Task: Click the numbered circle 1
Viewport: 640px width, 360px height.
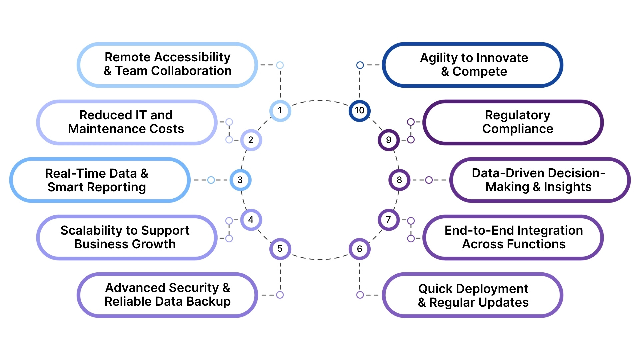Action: [x=280, y=111]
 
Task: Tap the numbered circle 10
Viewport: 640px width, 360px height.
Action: [x=359, y=111]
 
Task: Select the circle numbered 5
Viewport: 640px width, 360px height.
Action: [x=280, y=249]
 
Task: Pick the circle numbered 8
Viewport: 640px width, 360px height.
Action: [x=399, y=180]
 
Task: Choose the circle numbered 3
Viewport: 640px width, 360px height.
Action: [x=240, y=180]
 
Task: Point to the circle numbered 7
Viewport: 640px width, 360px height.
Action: [x=388, y=220]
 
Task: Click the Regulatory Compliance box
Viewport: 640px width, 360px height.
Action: [x=513, y=122]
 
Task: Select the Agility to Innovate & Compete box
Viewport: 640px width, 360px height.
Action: [x=473, y=65]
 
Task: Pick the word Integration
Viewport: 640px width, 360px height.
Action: [x=550, y=230]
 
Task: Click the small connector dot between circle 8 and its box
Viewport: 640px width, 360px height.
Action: [x=429, y=180]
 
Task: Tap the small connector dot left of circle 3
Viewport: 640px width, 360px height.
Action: [x=211, y=180]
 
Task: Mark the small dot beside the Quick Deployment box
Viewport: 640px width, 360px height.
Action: [x=360, y=295]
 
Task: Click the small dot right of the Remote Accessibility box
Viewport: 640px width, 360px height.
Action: [x=280, y=65]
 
